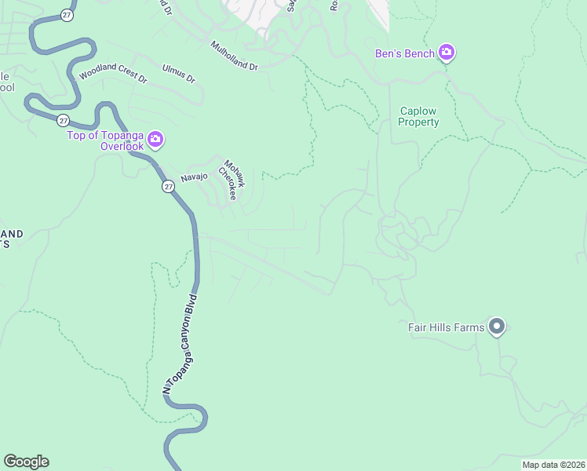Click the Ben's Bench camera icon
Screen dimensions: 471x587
click(447, 53)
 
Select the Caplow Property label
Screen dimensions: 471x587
click(418, 117)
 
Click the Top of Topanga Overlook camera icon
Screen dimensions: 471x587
click(155, 140)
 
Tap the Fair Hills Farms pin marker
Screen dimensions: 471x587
click(496, 327)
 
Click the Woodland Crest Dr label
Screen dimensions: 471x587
click(113, 76)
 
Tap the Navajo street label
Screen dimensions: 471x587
click(194, 177)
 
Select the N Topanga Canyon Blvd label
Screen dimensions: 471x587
click(178, 344)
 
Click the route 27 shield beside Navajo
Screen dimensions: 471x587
click(169, 186)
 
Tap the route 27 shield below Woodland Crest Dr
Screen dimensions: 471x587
click(63, 120)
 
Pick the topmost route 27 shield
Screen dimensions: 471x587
click(68, 15)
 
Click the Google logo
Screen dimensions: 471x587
click(26, 462)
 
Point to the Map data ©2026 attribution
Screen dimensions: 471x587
click(553, 465)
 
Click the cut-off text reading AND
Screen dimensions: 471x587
click(11, 234)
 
